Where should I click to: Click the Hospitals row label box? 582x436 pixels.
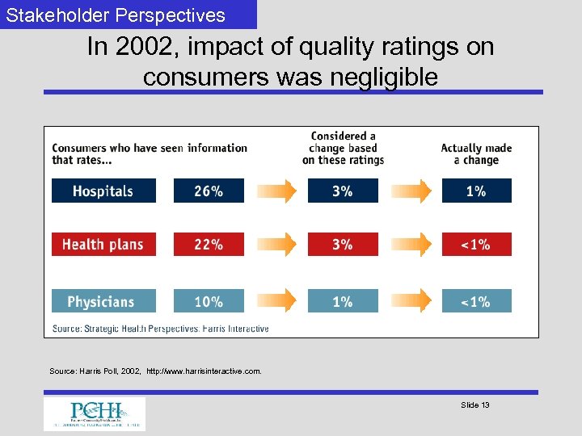103,191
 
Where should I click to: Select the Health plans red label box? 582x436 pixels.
103,245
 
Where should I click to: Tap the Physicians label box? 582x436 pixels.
103,301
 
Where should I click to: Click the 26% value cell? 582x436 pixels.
209,191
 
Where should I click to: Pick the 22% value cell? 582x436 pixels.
209,245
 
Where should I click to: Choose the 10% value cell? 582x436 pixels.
209,301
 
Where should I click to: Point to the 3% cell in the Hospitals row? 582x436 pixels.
343,191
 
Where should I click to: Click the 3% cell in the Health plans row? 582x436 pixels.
343,245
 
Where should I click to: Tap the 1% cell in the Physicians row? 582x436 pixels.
343,301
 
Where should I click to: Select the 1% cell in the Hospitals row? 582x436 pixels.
476,191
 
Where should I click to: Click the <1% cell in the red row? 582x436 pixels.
476,245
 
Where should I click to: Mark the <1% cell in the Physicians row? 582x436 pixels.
476,301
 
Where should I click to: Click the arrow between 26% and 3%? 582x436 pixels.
276,191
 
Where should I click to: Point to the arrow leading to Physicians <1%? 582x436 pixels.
410,301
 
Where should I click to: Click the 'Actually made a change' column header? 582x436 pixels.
476,153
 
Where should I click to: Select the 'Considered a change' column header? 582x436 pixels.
343,148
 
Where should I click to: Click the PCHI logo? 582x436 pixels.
95,413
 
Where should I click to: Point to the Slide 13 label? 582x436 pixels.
474,405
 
